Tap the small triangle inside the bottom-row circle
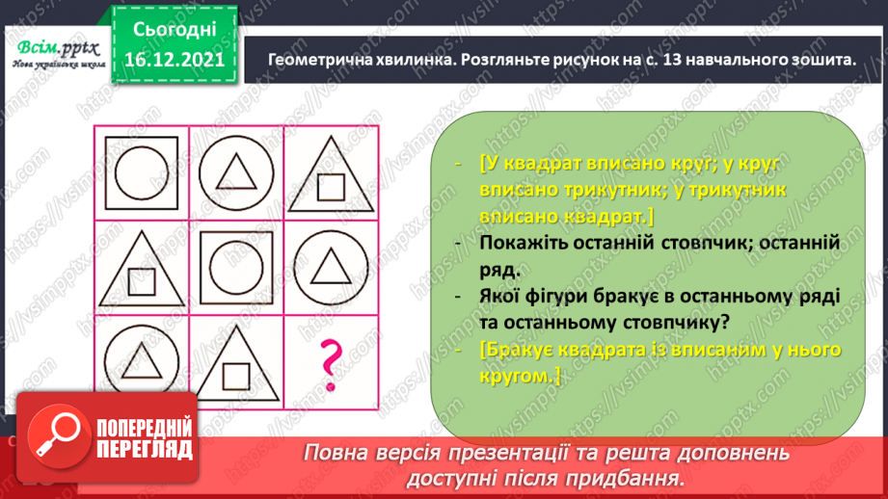point(142,360)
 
